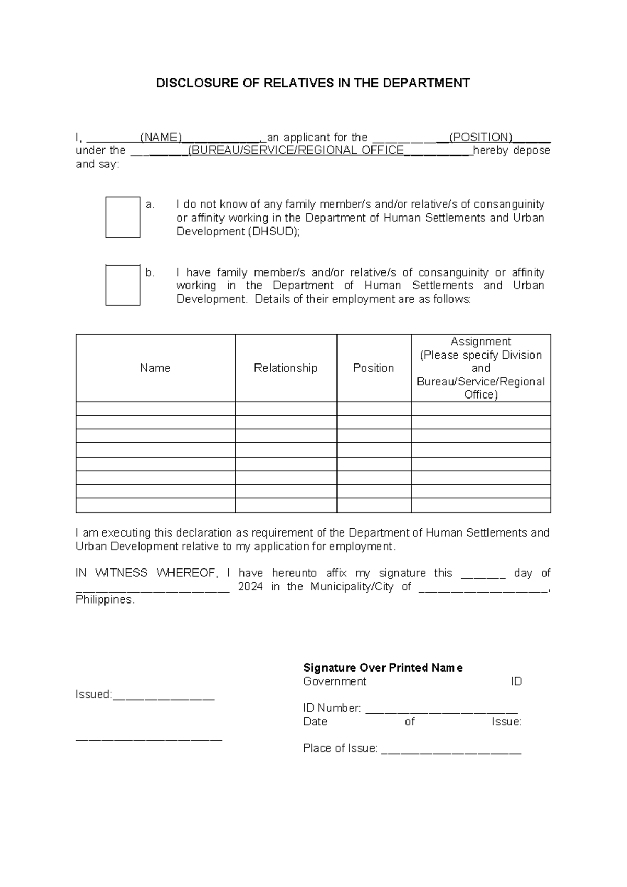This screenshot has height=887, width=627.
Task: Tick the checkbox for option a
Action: [x=123, y=217]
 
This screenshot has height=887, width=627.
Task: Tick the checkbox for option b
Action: [x=123, y=285]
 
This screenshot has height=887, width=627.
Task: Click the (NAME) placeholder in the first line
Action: [x=161, y=138]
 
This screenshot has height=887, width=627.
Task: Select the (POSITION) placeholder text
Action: [x=481, y=138]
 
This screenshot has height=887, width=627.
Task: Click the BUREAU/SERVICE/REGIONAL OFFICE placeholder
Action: [x=296, y=151]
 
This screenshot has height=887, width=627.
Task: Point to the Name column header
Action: [x=155, y=368]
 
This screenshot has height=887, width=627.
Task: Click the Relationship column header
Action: [x=285, y=368]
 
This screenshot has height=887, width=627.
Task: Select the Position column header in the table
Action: [x=373, y=368]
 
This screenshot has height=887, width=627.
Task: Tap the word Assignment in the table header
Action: [x=481, y=342]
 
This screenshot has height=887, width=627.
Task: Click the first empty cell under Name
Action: [x=155, y=408]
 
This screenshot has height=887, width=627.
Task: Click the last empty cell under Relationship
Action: [x=285, y=505]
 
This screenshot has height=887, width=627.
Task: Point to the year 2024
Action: [x=250, y=587]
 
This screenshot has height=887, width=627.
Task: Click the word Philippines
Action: [x=104, y=600]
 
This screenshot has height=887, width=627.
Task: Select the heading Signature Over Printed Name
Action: [x=382, y=668]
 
